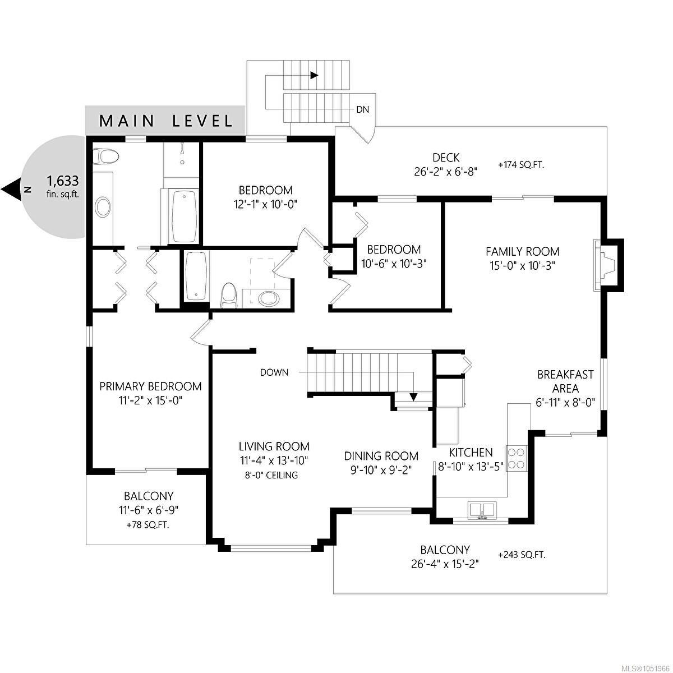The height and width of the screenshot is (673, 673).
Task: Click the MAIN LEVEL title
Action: click(166, 121)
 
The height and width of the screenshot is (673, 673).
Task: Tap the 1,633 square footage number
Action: click(63, 181)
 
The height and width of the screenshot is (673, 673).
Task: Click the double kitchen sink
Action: click(482, 510)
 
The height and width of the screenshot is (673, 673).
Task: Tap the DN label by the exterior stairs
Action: click(362, 110)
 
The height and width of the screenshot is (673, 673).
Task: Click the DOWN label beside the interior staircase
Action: click(274, 372)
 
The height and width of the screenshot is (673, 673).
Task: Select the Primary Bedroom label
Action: click(150, 386)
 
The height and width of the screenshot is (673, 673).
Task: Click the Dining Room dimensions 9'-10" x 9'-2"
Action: click(381, 470)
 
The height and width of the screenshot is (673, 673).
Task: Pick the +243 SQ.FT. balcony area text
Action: click(522, 555)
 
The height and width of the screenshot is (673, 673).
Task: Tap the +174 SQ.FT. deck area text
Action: click(521, 165)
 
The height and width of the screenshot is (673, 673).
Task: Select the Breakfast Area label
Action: click(565, 381)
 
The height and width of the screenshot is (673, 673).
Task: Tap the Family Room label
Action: click(523, 251)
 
